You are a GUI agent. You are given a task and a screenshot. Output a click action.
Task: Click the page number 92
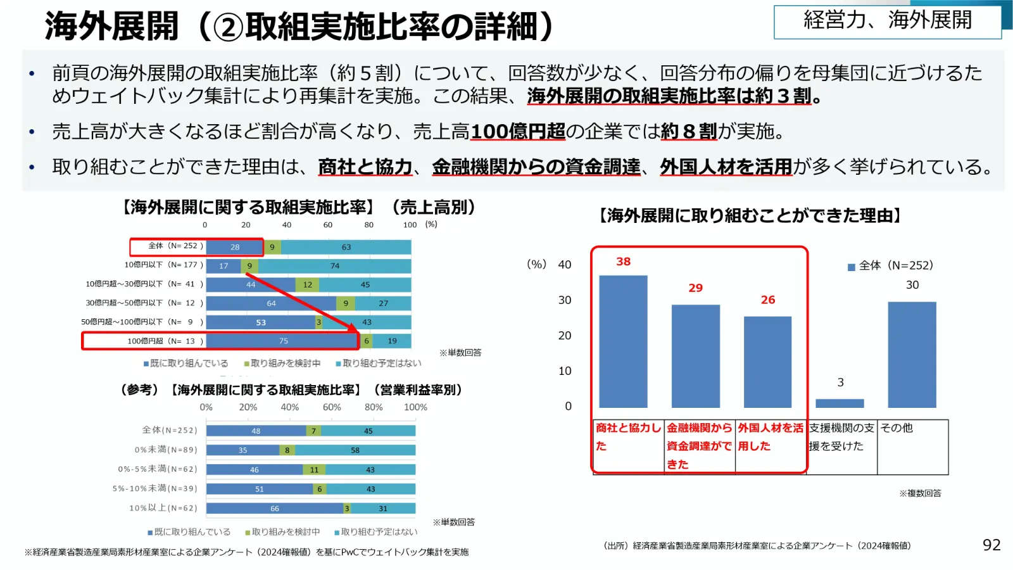(x=991, y=545)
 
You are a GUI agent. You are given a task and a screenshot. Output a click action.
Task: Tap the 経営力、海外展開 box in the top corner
(x=887, y=22)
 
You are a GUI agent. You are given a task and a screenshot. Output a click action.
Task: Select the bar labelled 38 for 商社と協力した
(x=623, y=341)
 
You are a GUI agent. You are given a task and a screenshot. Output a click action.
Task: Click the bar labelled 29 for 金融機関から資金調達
(x=695, y=356)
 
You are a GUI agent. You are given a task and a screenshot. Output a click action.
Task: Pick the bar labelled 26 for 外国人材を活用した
(x=767, y=362)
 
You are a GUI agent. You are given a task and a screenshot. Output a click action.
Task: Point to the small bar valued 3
(x=840, y=403)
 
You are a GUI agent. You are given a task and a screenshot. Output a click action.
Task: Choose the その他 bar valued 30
(x=912, y=355)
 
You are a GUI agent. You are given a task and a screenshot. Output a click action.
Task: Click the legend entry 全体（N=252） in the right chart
(x=890, y=266)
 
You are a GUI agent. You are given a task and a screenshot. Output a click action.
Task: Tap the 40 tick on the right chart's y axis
(x=564, y=265)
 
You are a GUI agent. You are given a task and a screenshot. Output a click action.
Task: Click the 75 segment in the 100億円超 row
(x=283, y=341)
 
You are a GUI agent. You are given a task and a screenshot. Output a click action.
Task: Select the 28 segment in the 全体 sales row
(x=234, y=247)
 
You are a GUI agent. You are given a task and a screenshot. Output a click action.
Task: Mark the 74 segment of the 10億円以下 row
(x=335, y=266)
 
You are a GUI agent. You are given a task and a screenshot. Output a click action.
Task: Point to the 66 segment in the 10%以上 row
(x=274, y=509)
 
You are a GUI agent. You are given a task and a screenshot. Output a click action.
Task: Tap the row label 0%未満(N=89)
(x=166, y=450)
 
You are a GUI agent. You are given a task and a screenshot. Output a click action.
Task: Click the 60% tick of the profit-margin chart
(x=331, y=407)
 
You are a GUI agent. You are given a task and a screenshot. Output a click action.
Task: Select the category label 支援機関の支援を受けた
(x=841, y=437)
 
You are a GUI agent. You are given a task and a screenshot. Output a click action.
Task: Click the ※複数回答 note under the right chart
(x=920, y=493)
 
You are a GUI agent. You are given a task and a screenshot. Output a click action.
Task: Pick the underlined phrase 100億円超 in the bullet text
(x=517, y=132)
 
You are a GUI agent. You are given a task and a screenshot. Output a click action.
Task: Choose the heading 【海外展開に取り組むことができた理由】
(x=749, y=216)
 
